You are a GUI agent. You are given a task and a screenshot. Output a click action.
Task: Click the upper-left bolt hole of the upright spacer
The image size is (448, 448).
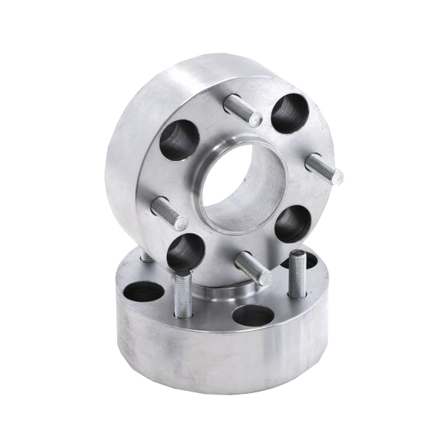click(x=177, y=140)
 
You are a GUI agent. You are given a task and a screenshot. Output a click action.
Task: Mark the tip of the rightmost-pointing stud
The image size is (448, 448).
click(x=339, y=176)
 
